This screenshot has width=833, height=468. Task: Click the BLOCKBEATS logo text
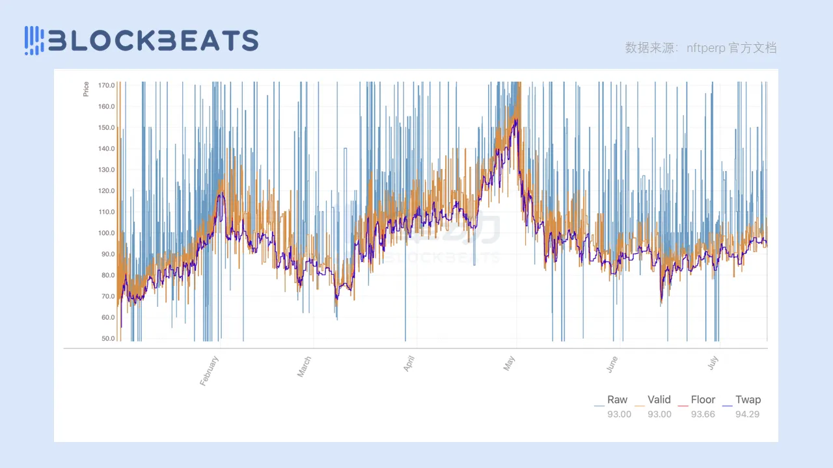[x=154, y=40]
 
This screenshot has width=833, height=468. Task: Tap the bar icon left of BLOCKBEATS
[x=34, y=40]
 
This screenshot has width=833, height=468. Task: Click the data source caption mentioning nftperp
[x=700, y=47]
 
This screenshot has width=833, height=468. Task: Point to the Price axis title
[x=86, y=89]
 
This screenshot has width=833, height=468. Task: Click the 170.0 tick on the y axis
[x=107, y=85]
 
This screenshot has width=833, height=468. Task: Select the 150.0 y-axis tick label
[x=107, y=127]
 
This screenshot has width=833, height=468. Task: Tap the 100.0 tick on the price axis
[x=107, y=233]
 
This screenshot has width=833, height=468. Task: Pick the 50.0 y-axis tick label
[x=107, y=339]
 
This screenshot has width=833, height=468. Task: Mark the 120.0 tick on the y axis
[x=107, y=190]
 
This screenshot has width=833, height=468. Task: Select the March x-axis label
[x=305, y=367]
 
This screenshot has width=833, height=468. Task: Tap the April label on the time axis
[x=409, y=364]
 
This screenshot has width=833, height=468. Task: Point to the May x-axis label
[x=510, y=363]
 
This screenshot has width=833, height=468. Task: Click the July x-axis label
[x=713, y=362]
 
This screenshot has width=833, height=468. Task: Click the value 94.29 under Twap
[x=747, y=414]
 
